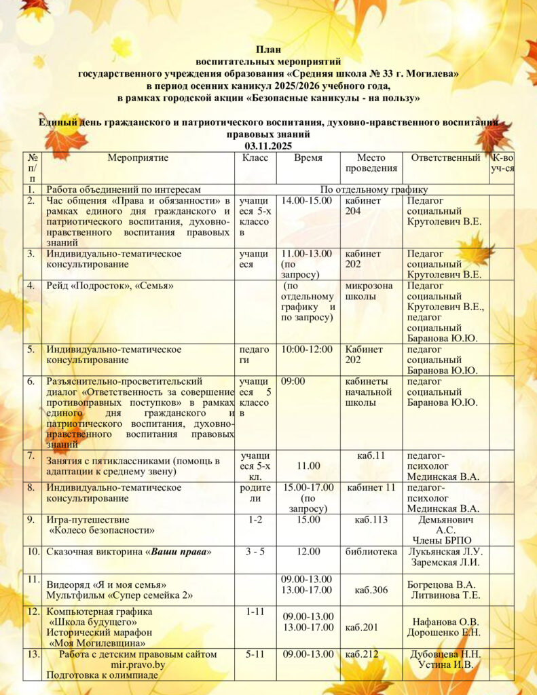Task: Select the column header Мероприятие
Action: coord(138,158)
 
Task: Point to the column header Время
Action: coord(308,158)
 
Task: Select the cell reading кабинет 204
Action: coord(363,206)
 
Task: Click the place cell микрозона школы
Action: coord(369,291)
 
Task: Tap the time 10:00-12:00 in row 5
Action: coord(306,350)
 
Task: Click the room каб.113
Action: coord(370,520)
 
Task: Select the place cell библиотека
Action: coord(371,552)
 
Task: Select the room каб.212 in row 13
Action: coord(360,655)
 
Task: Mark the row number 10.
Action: coord(33,552)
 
